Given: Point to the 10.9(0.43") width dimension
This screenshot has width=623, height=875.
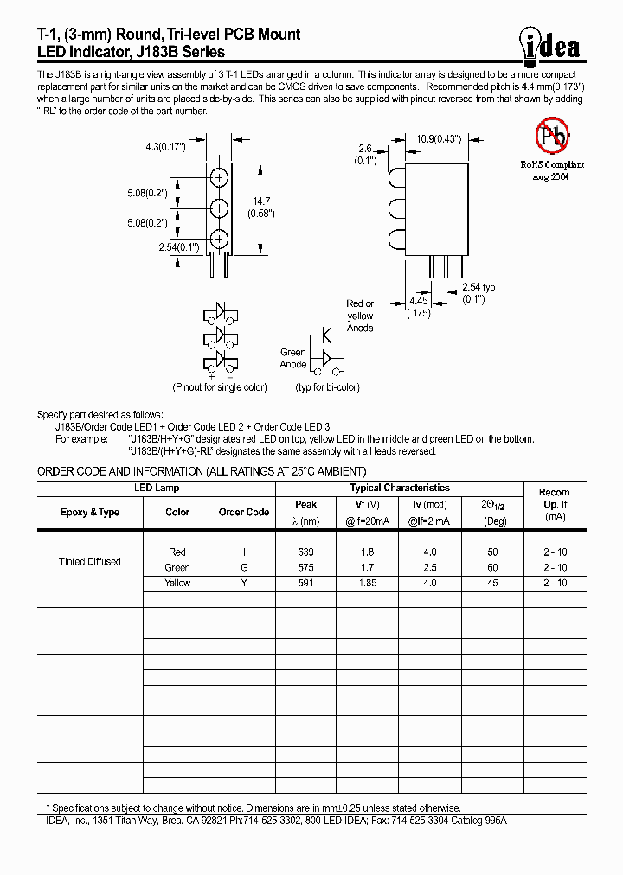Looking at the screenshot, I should (x=439, y=138).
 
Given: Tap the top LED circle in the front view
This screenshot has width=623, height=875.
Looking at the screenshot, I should (x=219, y=178).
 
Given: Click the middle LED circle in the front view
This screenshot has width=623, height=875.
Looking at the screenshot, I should (x=219, y=208).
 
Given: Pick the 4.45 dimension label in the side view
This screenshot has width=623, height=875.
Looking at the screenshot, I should (x=420, y=307).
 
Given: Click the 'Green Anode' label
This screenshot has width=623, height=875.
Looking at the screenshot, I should (x=293, y=358).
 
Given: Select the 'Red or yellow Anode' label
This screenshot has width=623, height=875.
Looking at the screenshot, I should (x=360, y=316).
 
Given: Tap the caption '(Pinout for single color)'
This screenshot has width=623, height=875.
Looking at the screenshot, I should (x=220, y=387).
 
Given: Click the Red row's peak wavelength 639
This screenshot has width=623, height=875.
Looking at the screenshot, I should (x=305, y=552).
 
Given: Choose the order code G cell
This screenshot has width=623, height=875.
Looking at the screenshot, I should (x=243, y=567).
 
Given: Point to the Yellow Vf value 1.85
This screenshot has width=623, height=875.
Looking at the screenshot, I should (x=368, y=583).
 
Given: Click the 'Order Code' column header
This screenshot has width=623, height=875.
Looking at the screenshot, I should (x=244, y=512).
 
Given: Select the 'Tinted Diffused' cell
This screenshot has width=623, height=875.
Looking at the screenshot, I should (x=90, y=562).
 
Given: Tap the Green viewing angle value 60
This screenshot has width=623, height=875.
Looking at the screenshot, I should (x=493, y=567).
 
